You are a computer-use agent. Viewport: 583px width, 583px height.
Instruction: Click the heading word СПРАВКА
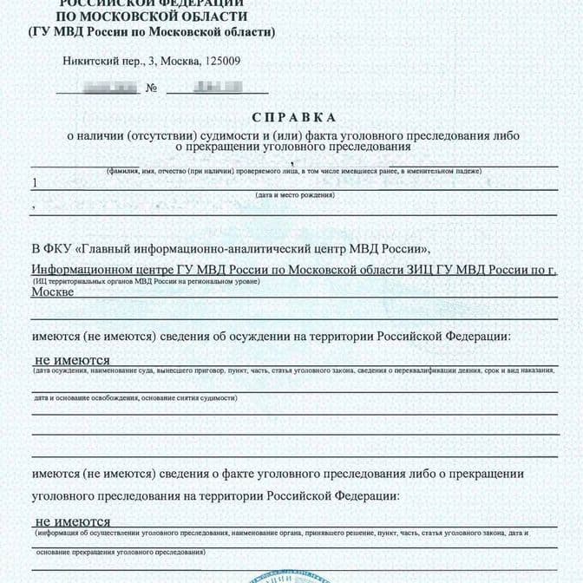coord(291,117)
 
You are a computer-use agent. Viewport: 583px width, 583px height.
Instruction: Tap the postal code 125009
coord(220,62)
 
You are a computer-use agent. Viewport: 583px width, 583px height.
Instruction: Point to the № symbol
coord(152,88)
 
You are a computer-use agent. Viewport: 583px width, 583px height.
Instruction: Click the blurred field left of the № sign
coord(108,87)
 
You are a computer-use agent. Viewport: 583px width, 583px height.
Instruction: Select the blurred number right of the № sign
coord(216,87)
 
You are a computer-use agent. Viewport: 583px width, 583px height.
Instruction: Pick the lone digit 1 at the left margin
coord(35,183)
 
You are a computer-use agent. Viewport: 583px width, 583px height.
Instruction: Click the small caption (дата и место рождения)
coord(291,197)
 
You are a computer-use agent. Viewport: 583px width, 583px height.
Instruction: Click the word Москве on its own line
coord(52,292)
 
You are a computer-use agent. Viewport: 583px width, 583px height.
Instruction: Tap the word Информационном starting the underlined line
coord(82,270)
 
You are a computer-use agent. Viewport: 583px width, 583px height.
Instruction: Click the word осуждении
coord(280,336)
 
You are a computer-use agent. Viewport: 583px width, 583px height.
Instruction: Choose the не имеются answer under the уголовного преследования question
coord(72,521)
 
